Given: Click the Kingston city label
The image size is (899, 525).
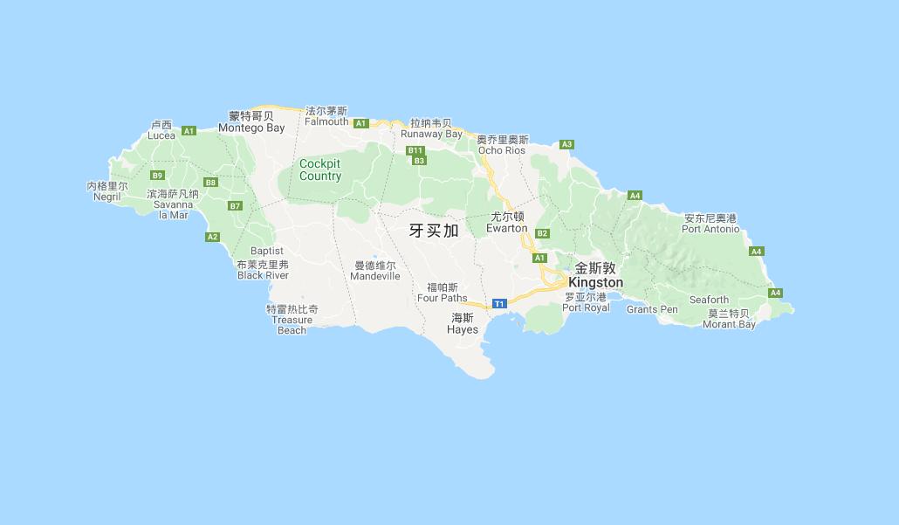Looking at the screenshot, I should click(x=595, y=283).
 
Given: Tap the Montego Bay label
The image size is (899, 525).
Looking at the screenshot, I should click(x=251, y=128).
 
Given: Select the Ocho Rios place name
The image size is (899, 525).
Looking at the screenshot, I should click(x=502, y=150).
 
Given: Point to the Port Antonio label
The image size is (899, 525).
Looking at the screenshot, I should click(x=710, y=229).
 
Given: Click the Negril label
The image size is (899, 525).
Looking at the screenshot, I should click(x=106, y=197).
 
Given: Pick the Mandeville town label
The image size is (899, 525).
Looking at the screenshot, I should click(x=375, y=276).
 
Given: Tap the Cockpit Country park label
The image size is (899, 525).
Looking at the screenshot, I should click(x=320, y=169).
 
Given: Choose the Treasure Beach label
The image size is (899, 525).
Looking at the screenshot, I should click(x=292, y=325).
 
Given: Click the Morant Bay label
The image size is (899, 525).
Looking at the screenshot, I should click(x=729, y=324).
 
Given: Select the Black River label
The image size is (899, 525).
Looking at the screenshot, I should click(x=263, y=275).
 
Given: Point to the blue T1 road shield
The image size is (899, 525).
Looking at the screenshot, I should click(x=499, y=303).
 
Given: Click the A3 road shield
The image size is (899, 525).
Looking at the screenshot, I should click(x=566, y=144).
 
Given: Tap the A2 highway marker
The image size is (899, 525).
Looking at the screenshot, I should click(x=212, y=237).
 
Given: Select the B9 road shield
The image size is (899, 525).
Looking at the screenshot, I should click(x=157, y=175).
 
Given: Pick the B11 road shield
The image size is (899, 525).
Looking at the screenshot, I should click(x=415, y=150).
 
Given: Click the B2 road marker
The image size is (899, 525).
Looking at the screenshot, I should click(x=542, y=233).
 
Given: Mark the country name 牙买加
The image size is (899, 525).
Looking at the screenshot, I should click(x=434, y=231).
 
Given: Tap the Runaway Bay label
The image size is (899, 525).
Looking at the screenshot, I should click(x=431, y=135).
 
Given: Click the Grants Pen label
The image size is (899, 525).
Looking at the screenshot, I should click(x=652, y=309).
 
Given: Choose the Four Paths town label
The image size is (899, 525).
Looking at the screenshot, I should click(x=442, y=298).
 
